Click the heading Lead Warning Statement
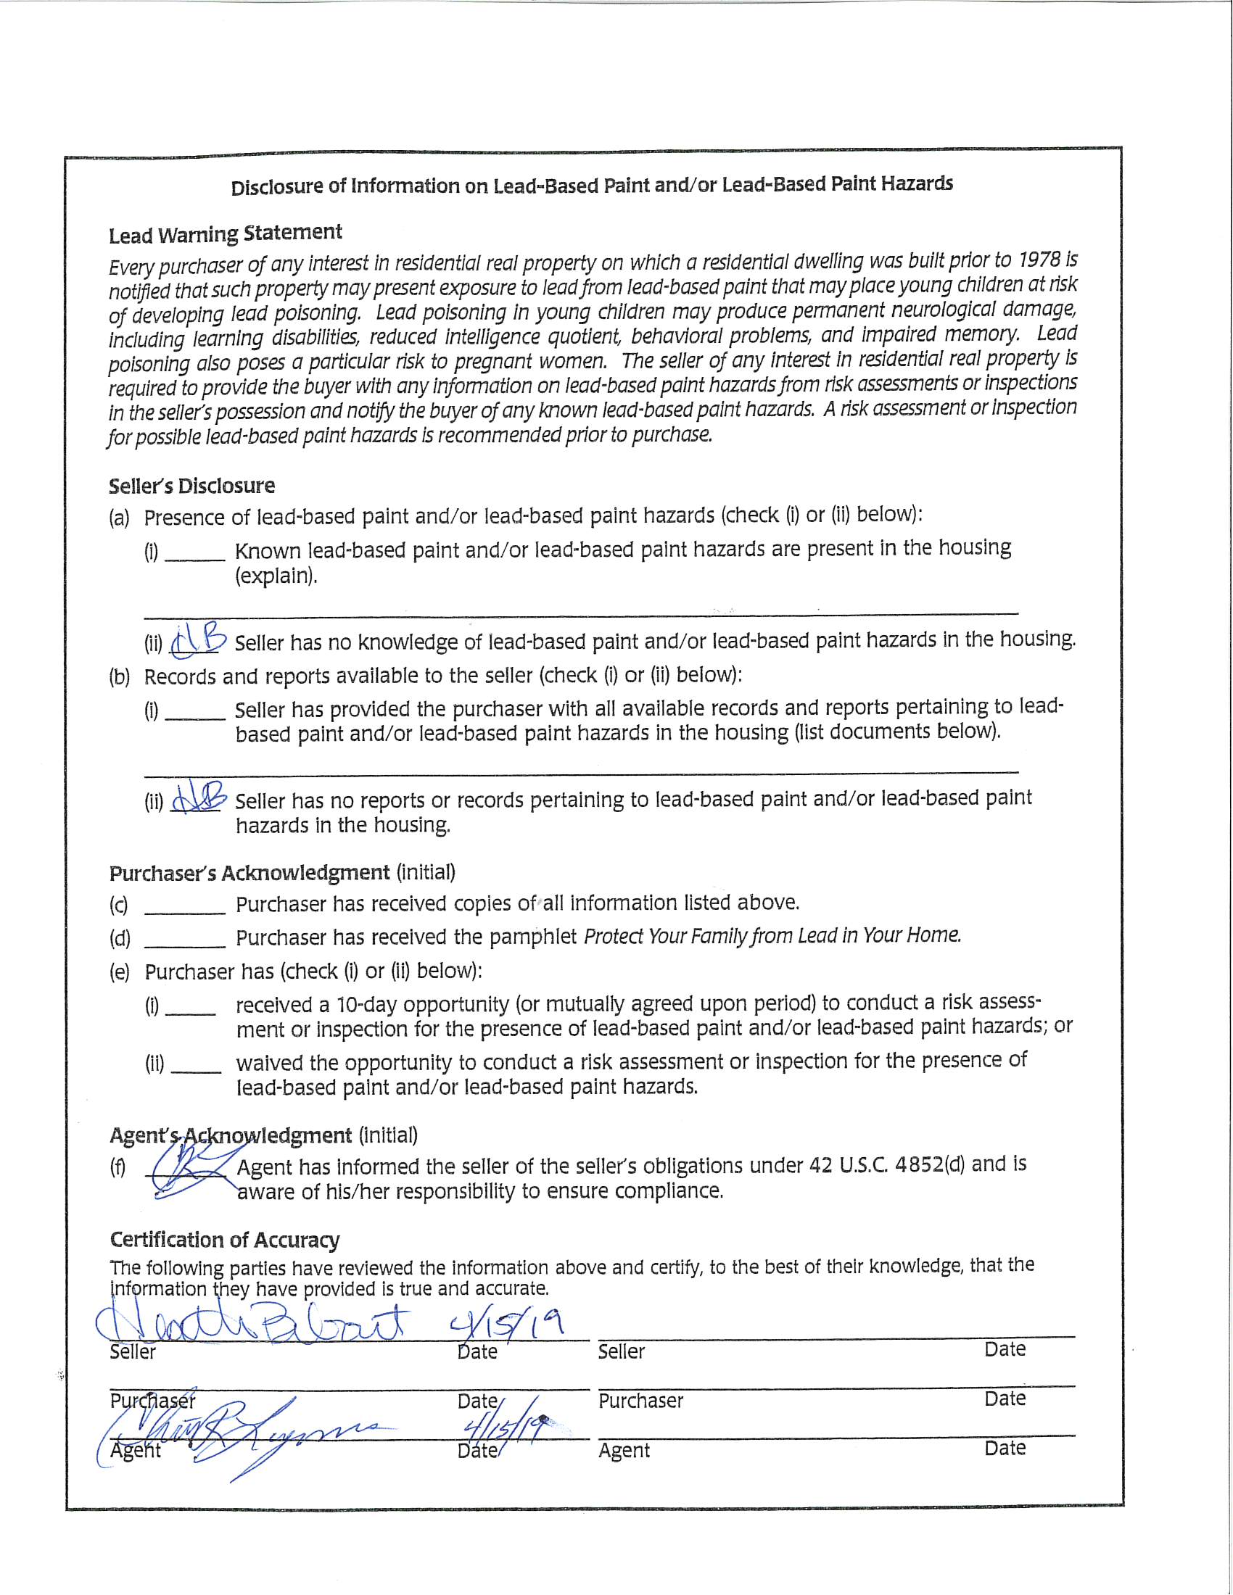(x=225, y=233)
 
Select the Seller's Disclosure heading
(x=191, y=486)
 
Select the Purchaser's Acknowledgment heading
(x=249, y=873)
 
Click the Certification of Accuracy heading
(x=224, y=1239)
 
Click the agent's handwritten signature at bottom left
(x=241, y=1435)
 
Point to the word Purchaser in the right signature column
(x=640, y=1401)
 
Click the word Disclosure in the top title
(x=277, y=188)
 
